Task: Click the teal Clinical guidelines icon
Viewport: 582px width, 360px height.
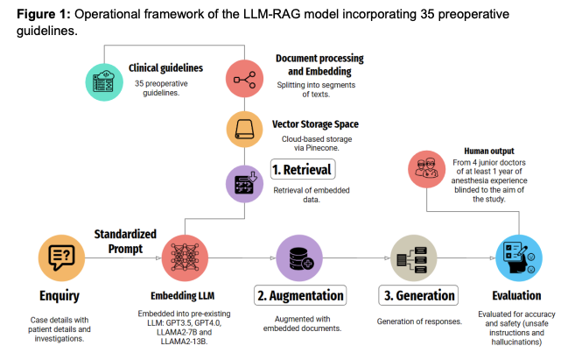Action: coord(104,82)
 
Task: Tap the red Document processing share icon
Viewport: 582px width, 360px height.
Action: coord(244,79)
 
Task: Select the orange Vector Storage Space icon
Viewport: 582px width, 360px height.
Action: coord(244,130)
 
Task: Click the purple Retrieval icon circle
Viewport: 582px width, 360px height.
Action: coord(244,184)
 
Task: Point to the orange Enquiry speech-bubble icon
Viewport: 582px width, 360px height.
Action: coord(61,258)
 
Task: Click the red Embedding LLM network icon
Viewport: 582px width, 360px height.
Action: coord(185,258)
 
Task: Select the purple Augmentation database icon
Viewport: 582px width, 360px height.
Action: coord(299,258)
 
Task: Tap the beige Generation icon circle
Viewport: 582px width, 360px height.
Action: coord(413,258)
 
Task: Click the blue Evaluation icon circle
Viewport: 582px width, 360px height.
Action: coord(519,258)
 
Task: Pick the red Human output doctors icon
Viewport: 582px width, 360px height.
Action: coord(426,169)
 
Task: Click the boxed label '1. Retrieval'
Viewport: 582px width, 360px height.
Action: coord(303,169)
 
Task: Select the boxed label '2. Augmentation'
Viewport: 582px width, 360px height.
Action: coord(300,295)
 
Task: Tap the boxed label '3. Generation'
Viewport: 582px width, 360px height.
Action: coord(418,295)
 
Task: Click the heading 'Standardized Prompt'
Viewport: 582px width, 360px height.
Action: coord(125,241)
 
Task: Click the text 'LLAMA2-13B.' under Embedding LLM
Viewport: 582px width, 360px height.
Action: coord(184,341)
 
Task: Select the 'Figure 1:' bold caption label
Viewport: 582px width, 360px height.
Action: coord(44,14)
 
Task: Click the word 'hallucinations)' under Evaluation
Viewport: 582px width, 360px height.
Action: coord(516,342)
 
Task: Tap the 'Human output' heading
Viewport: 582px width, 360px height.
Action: coord(489,151)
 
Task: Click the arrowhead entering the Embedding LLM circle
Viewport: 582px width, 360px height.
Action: coord(158,258)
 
